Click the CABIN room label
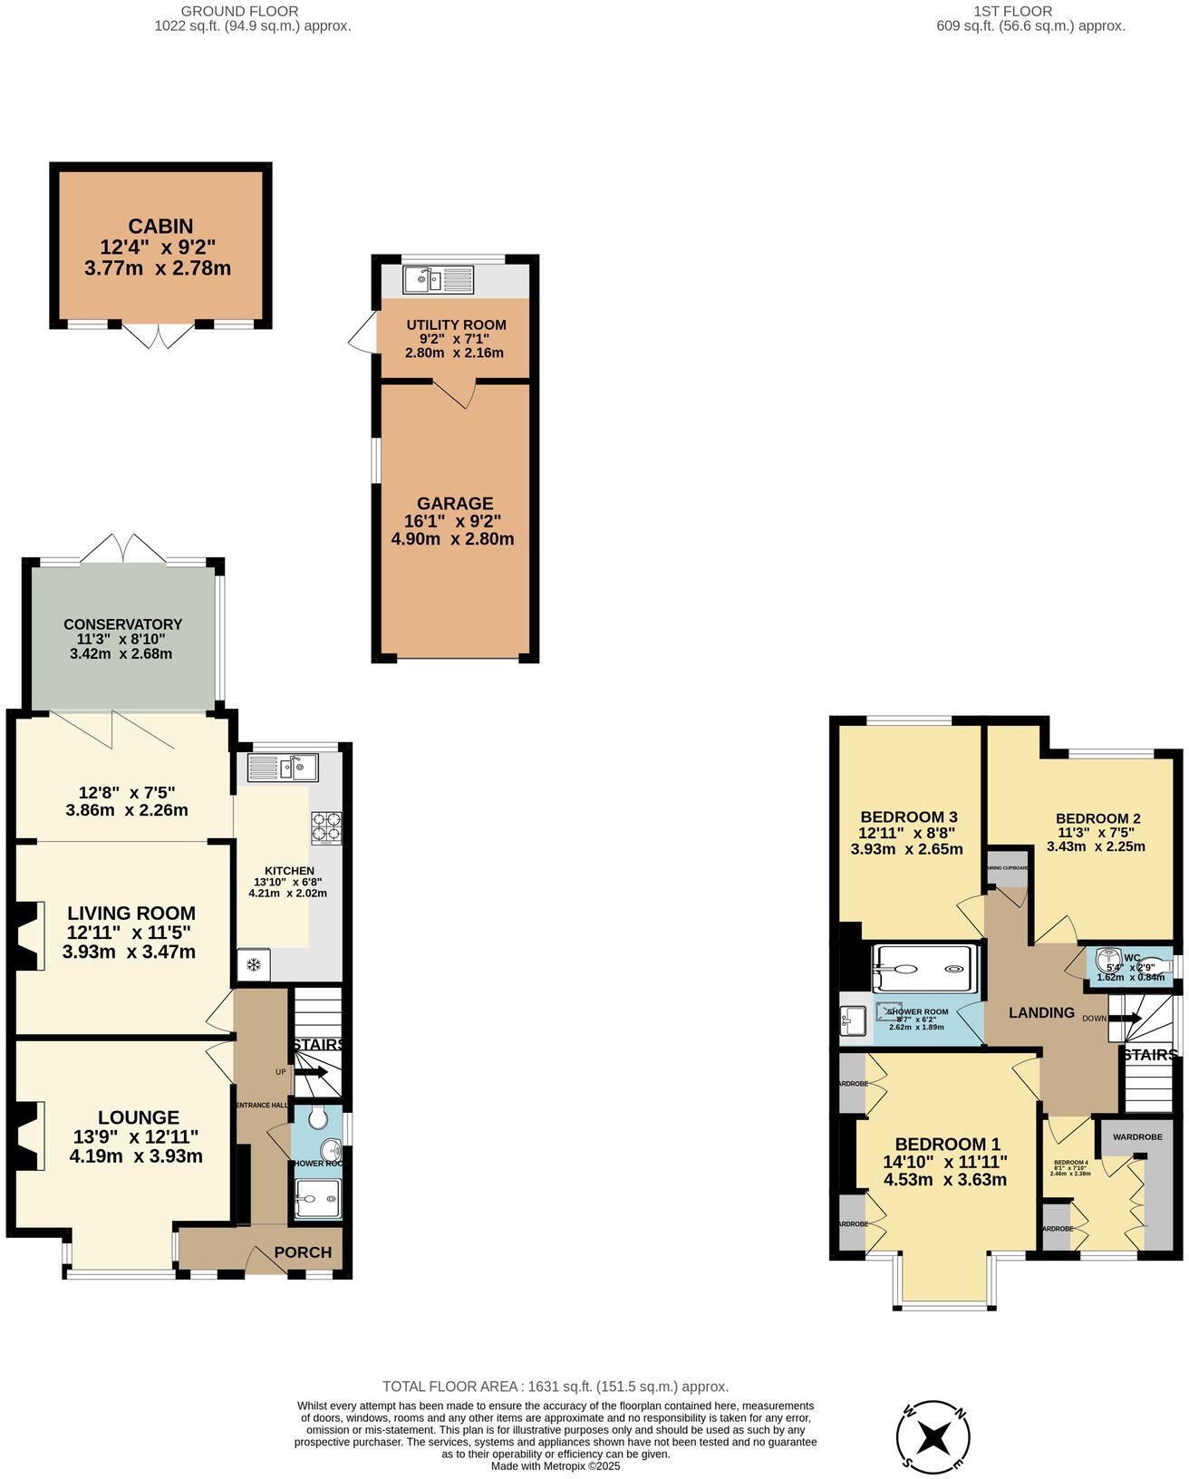click(x=160, y=227)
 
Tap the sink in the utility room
click(x=438, y=280)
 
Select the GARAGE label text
click(x=455, y=504)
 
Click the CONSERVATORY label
click(x=122, y=624)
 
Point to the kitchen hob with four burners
click(x=326, y=827)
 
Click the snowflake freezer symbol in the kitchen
click(x=255, y=965)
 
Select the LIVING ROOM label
click(x=131, y=913)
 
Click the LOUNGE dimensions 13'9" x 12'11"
click(x=136, y=1136)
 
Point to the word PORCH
click(x=303, y=1252)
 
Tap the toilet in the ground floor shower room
click(x=318, y=1118)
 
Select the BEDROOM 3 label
click(x=909, y=816)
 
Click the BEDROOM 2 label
click(x=1097, y=818)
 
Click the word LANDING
click(x=1042, y=1012)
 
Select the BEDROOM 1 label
click(x=947, y=1145)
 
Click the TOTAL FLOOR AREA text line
click(x=556, y=1387)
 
